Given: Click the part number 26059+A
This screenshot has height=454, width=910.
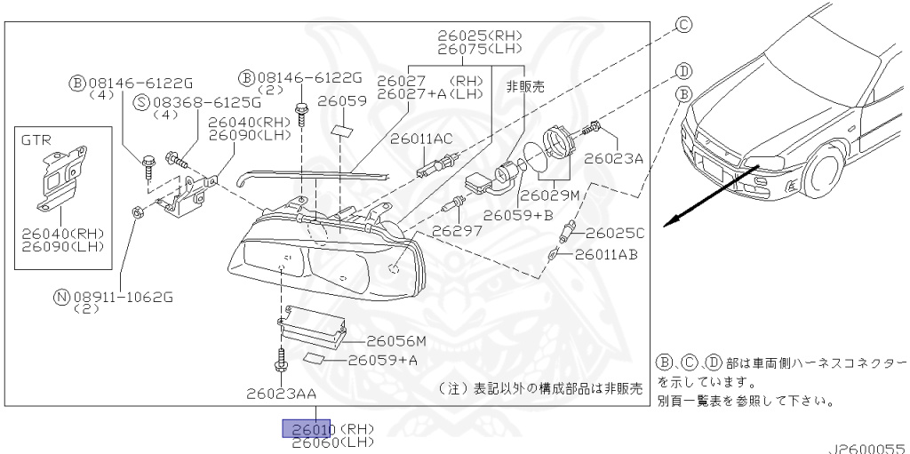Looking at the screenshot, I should point(382,360).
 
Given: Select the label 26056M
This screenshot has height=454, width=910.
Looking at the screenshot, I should point(396,340).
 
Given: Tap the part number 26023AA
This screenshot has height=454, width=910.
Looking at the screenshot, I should point(282,391).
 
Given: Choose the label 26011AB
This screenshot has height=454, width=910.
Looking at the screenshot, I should point(606,255).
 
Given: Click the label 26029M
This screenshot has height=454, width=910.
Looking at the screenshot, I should point(550,194).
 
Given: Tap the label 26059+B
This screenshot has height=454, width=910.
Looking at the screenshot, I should point(520,214).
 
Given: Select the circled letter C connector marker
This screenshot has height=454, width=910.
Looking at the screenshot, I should point(683,25).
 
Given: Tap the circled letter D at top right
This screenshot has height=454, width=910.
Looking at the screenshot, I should point(683,70).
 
